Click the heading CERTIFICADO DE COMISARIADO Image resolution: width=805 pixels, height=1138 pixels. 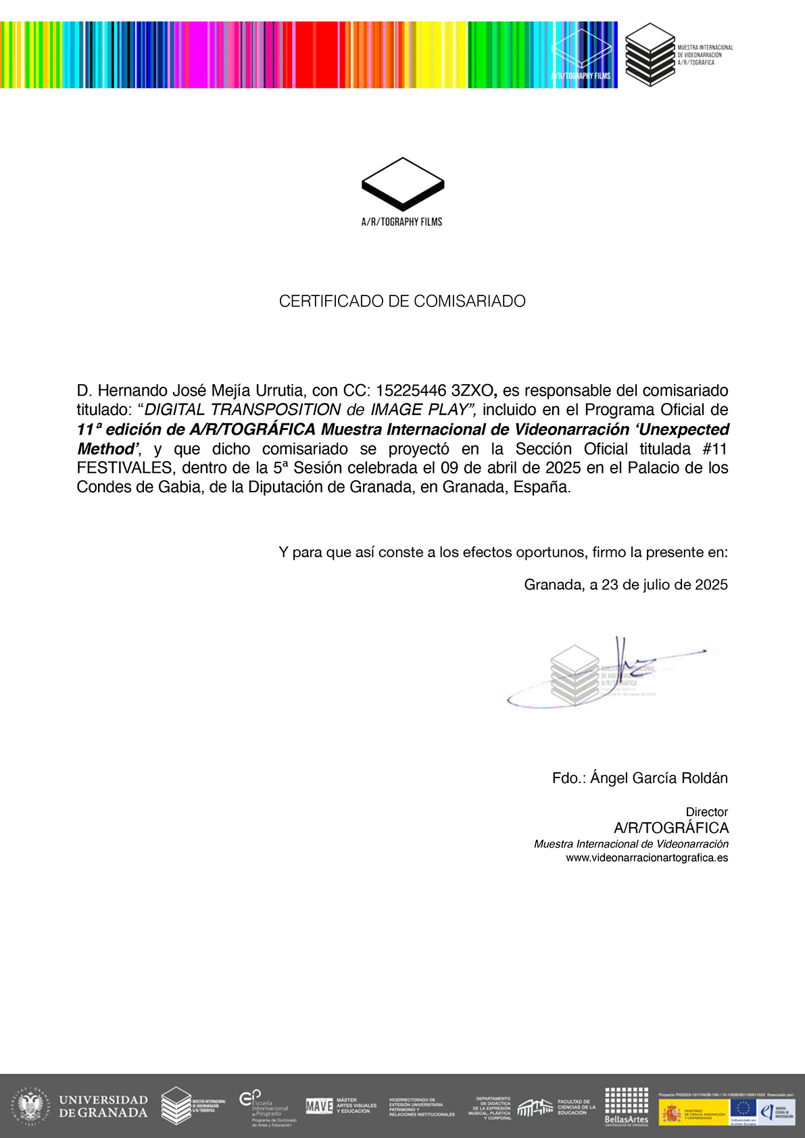[402, 302]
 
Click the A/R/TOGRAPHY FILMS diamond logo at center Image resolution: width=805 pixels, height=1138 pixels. [402, 184]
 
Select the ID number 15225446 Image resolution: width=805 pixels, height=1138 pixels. [411, 391]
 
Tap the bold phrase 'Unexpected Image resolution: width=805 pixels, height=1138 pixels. [683, 429]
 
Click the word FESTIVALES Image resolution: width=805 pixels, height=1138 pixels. [124, 468]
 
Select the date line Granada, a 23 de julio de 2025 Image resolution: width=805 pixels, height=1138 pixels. [625, 585]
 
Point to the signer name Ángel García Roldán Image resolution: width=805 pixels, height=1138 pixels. [658, 778]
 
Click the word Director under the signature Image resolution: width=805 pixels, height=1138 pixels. [706, 812]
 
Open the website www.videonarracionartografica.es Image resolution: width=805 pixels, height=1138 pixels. [646, 858]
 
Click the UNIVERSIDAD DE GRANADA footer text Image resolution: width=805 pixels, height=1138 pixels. [103, 1106]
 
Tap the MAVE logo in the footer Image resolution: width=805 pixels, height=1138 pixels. [319, 1106]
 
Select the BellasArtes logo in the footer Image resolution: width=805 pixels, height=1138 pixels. [626, 1106]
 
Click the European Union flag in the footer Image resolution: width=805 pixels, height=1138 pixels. [743, 1108]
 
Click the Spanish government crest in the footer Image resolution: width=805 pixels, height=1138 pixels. [671, 1112]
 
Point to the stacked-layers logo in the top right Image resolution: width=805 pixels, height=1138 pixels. [650, 54]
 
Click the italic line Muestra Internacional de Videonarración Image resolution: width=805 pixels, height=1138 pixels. [631, 844]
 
